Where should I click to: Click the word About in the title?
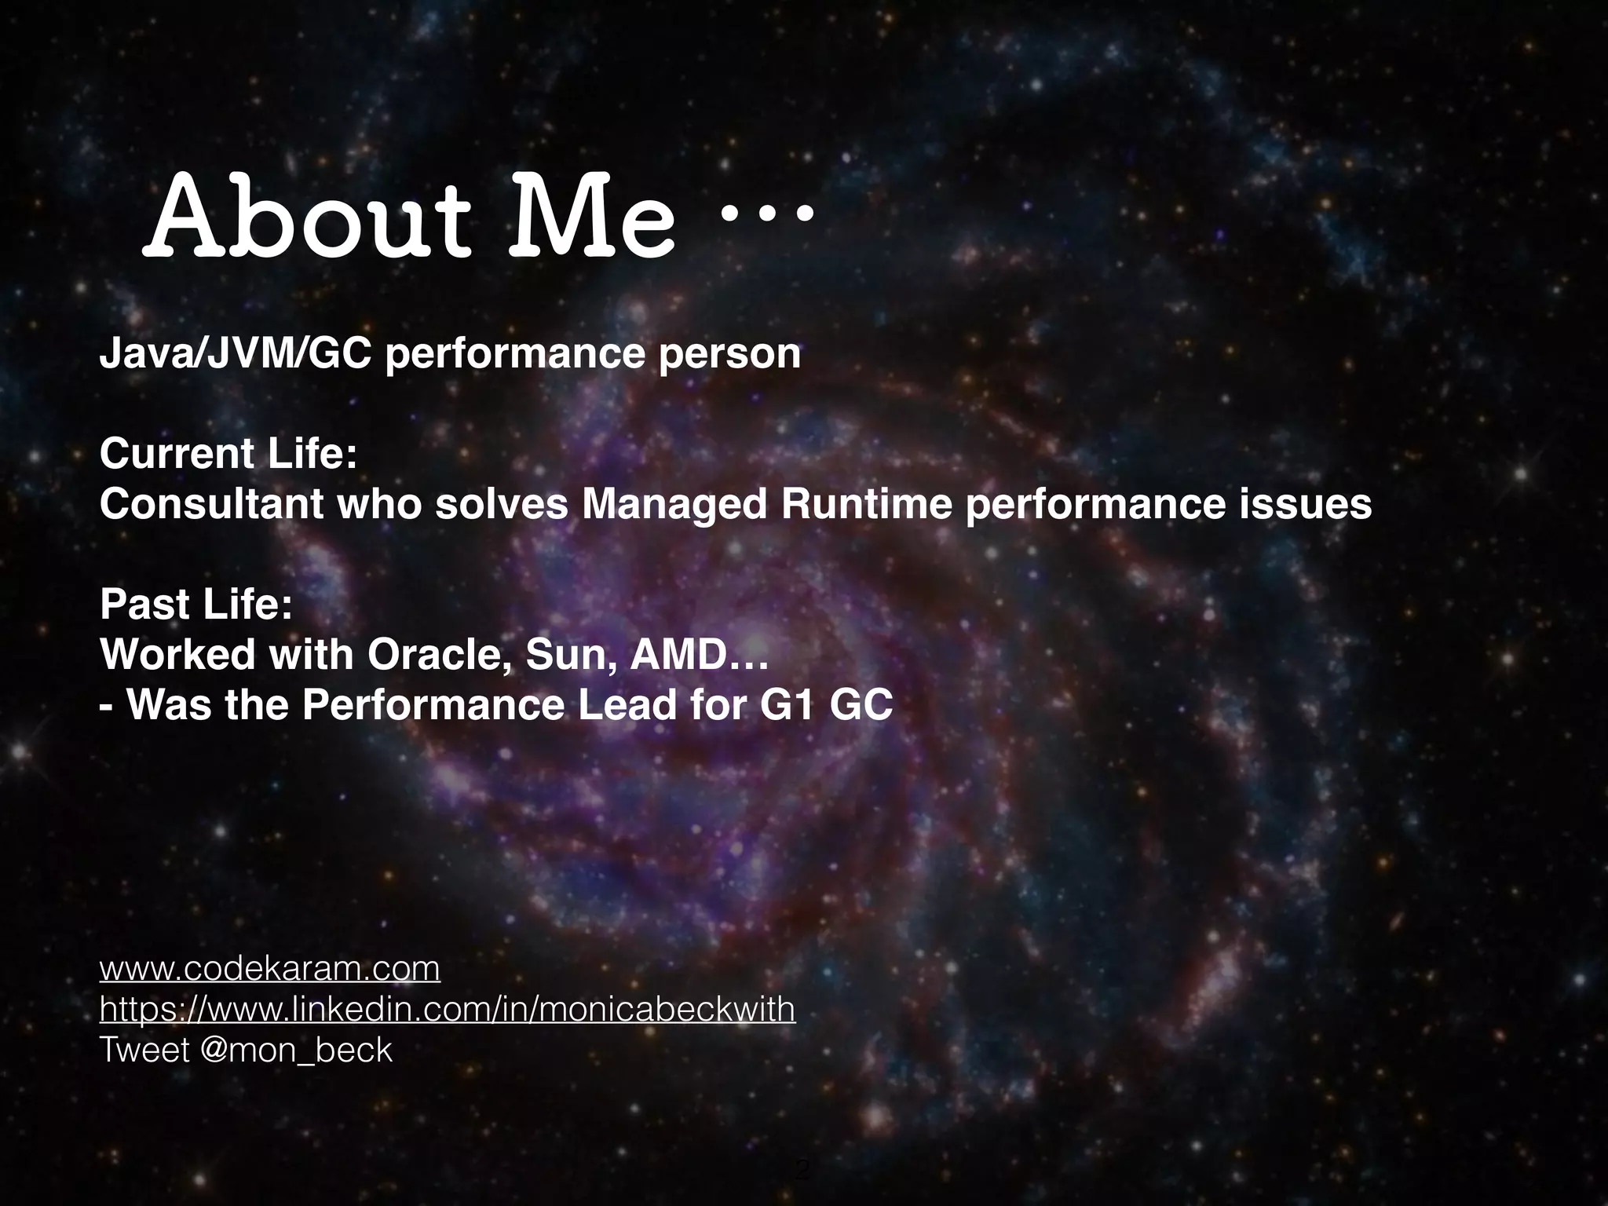click(308, 218)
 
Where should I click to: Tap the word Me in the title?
click(590, 218)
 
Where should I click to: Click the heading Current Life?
click(228, 455)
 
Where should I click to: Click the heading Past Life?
click(196, 605)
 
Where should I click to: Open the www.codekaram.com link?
click(269, 969)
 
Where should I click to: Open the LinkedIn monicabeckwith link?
click(447, 1010)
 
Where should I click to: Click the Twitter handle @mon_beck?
click(296, 1051)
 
